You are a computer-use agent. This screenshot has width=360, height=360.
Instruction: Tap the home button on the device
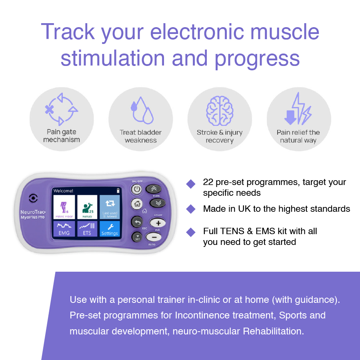(137, 204)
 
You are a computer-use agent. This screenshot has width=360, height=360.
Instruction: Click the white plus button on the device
(156, 223)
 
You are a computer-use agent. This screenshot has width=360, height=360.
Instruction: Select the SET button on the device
(137, 237)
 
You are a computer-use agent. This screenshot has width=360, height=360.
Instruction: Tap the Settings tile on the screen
(110, 229)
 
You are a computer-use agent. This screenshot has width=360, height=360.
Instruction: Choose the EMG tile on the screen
(64, 229)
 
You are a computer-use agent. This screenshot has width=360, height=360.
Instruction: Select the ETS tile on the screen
(87, 229)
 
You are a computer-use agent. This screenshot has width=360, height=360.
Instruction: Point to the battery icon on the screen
(118, 191)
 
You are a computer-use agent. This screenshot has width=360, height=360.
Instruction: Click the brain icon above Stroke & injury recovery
(219, 110)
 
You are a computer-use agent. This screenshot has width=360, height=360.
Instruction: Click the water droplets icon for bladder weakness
(141, 110)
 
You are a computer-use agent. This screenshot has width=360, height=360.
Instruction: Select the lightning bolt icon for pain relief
(298, 109)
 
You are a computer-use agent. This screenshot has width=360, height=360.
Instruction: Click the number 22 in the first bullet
(208, 182)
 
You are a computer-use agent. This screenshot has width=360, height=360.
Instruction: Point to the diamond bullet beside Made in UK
(191, 209)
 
